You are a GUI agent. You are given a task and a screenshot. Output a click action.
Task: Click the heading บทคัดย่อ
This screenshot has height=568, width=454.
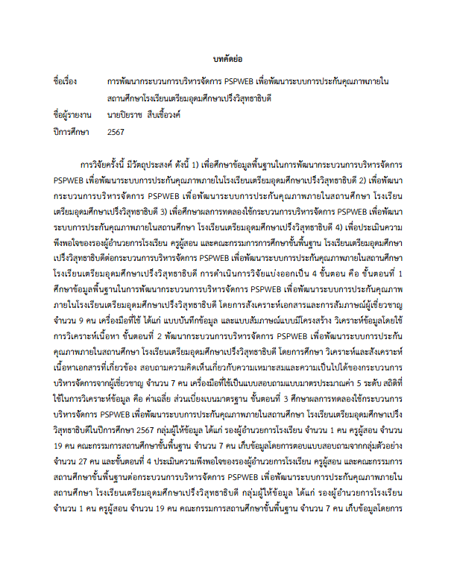pyautogui.click(x=227, y=58)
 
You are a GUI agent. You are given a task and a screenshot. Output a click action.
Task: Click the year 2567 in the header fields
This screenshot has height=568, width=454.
pyautogui.click(x=116, y=133)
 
